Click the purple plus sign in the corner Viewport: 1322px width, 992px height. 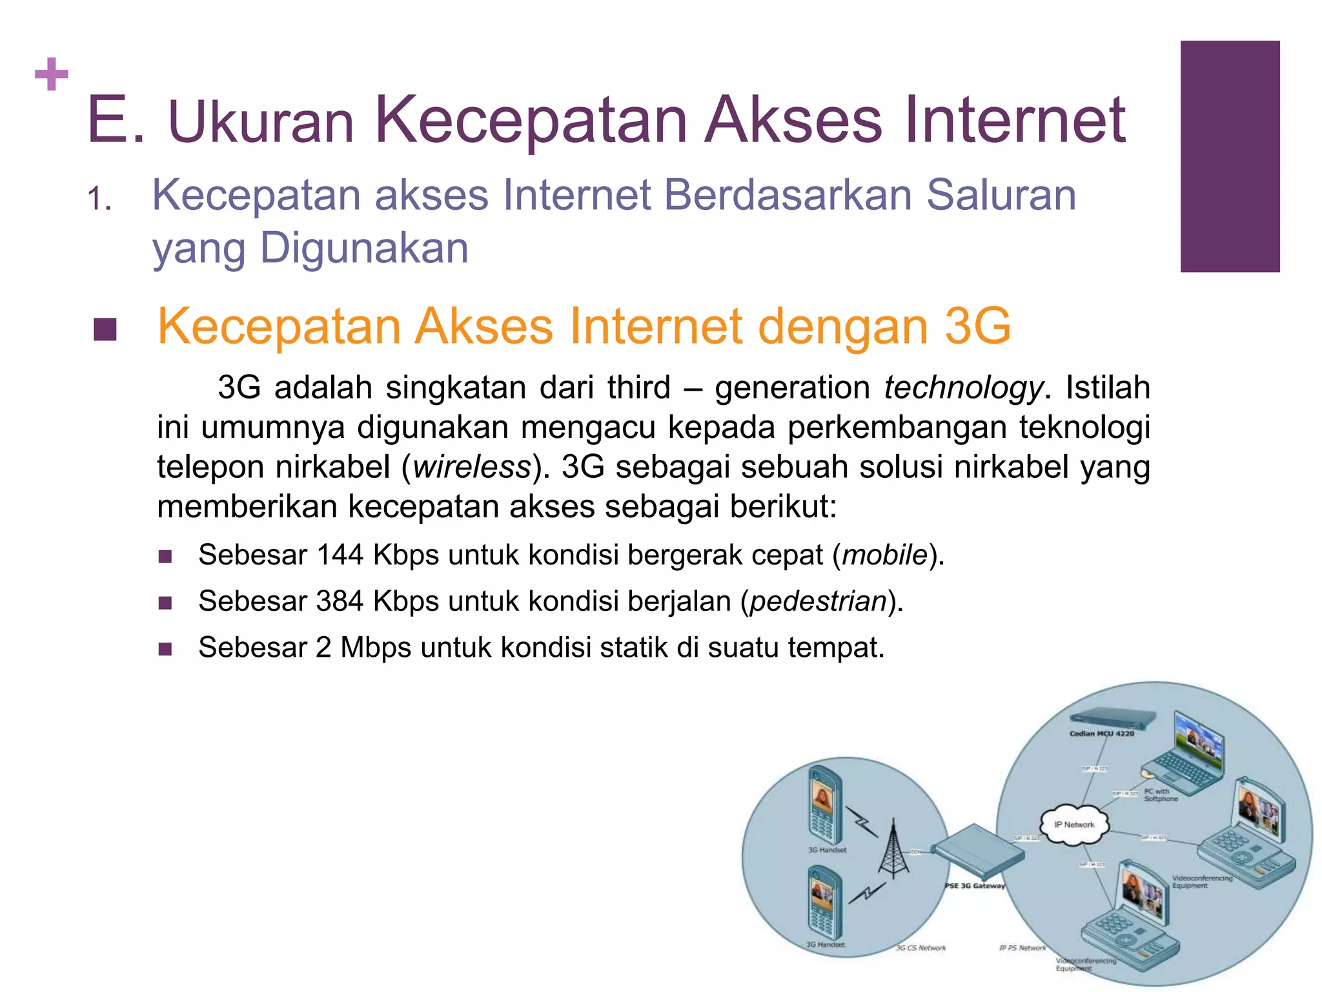coord(52,75)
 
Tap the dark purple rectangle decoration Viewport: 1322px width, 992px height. coord(1230,156)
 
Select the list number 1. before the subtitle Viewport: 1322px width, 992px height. coord(99,199)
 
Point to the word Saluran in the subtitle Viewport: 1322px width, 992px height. coord(1001,194)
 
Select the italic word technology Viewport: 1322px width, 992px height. coord(963,387)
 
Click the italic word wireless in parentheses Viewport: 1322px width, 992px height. coord(471,467)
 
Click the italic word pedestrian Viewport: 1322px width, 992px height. coord(818,601)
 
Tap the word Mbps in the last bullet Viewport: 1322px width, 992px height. coord(376,648)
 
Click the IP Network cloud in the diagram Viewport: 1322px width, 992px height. coord(1074,824)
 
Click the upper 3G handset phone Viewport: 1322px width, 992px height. coord(824,805)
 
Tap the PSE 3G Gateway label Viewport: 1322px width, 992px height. coord(975,885)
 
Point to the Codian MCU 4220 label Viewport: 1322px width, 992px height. coord(1101,733)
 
